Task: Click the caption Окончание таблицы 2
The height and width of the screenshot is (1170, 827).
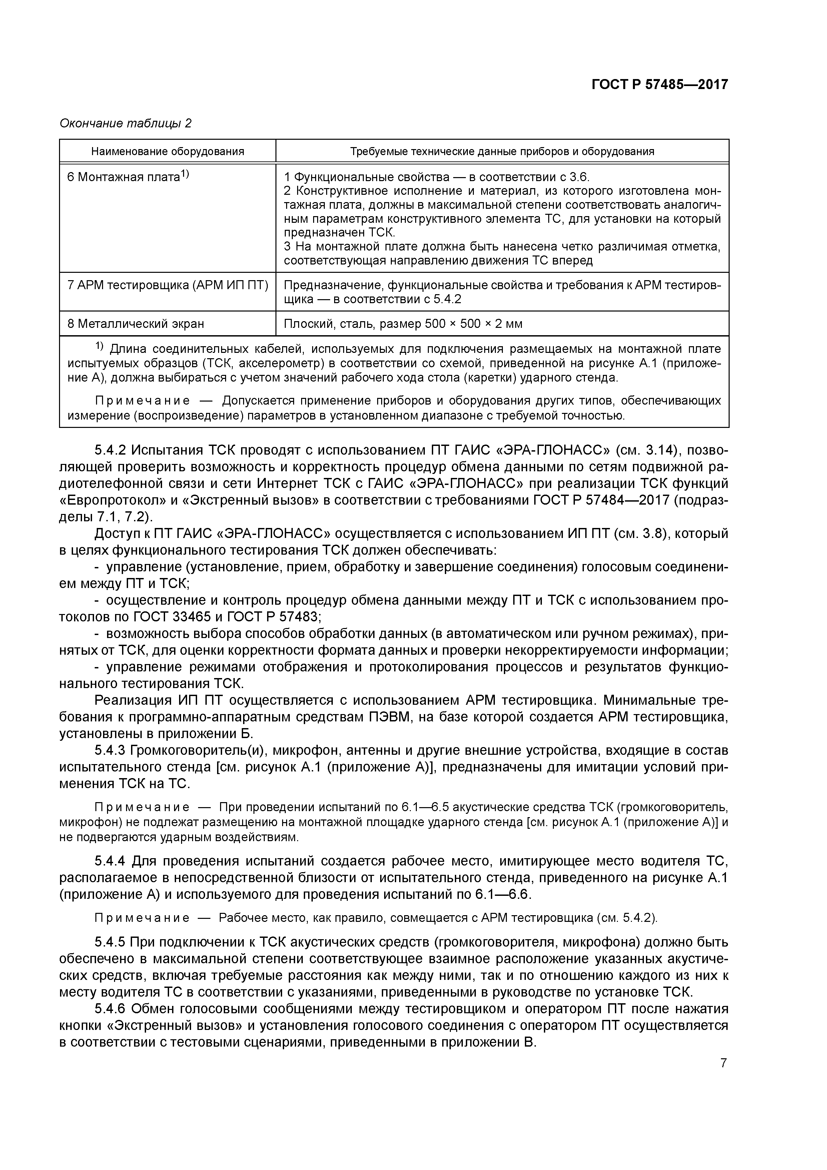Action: click(x=125, y=123)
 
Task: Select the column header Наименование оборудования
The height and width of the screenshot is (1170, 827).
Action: click(x=168, y=151)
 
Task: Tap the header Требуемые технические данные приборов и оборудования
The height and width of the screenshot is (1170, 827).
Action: click(x=502, y=151)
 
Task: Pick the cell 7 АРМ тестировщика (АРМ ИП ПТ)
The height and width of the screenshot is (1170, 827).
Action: click(x=168, y=285)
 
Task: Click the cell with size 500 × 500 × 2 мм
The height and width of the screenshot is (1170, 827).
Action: click(x=402, y=324)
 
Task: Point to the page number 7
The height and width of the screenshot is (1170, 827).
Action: click(x=723, y=1063)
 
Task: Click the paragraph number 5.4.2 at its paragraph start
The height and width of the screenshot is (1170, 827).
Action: click(x=111, y=450)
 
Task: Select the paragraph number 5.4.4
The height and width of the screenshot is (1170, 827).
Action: click(x=111, y=861)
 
